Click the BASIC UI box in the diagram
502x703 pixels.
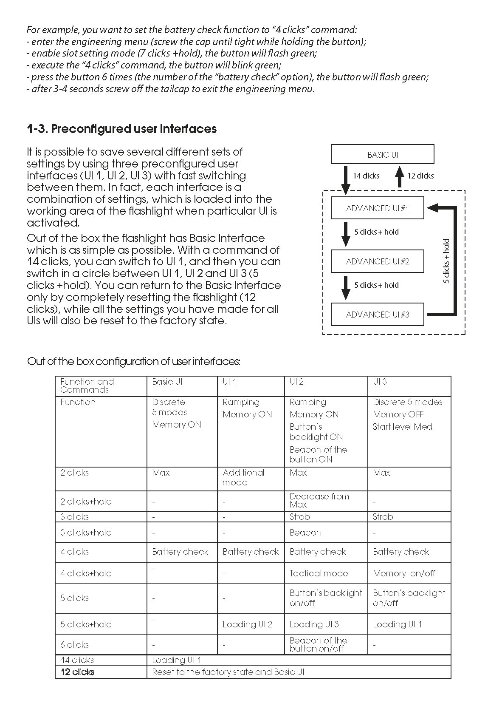382,154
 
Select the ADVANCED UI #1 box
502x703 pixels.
377,208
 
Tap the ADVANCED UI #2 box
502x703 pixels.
377,261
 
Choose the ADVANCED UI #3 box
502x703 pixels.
377,315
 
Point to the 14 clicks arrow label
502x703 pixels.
366,176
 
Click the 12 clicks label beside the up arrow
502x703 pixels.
420,176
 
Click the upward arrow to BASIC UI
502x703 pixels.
399,176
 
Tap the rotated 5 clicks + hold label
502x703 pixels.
446,261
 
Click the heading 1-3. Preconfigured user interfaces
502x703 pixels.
121,129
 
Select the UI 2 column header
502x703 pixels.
296,382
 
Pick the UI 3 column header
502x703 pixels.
380,382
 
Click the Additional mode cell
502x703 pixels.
243,477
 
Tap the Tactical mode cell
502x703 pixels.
319,573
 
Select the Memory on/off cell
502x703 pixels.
404,573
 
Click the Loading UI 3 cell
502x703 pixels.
314,624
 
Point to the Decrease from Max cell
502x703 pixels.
319,500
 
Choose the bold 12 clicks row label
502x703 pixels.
77,672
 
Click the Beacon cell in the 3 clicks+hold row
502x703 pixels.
305,533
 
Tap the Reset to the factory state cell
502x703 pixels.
228,672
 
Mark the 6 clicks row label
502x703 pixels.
74,645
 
